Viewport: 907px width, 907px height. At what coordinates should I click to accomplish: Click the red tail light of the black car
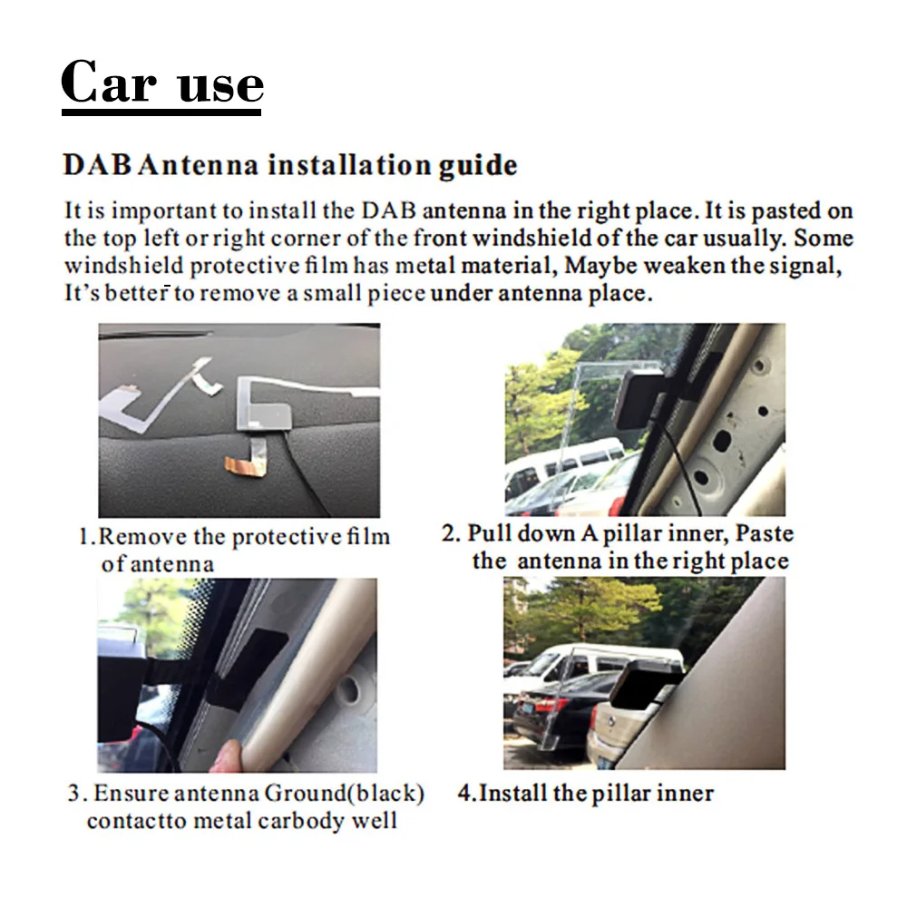(x=549, y=705)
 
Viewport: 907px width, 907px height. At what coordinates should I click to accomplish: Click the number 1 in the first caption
(x=83, y=536)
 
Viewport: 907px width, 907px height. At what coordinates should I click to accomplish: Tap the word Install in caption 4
(x=513, y=794)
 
